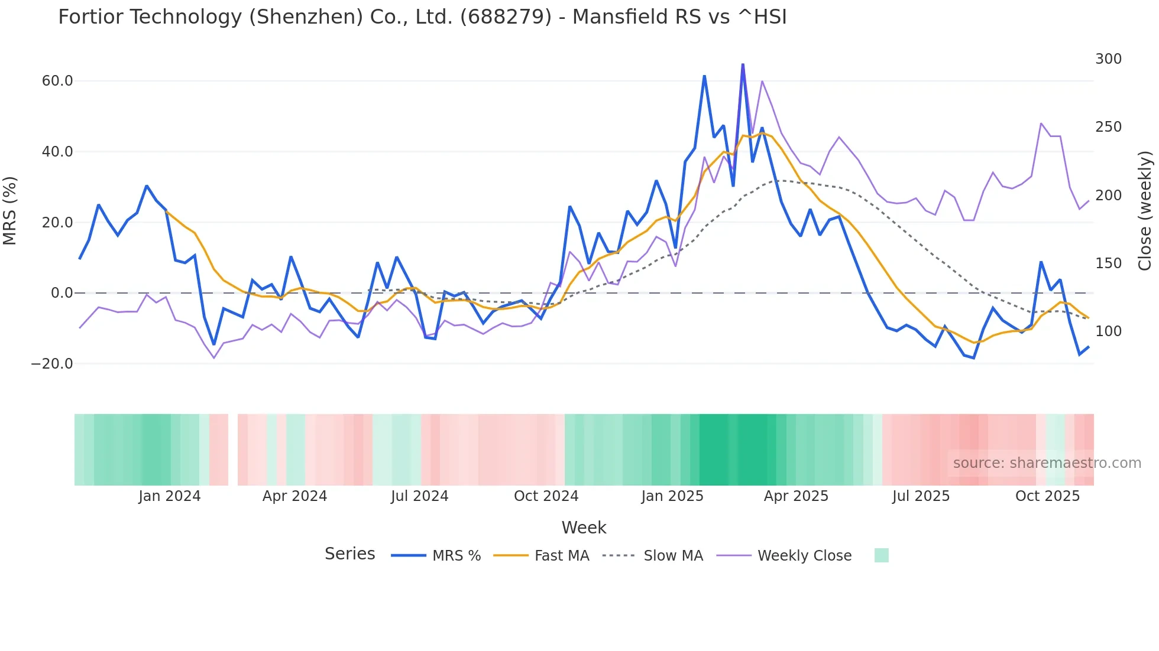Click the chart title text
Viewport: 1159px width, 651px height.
click(422, 17)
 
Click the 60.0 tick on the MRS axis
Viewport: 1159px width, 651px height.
click(57, 81)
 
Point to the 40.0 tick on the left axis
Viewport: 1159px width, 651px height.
click(57, 152)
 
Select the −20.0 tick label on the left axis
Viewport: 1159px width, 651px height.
click(52, 364)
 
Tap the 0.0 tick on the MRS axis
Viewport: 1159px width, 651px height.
click(62, 293)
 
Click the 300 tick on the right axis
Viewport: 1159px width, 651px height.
click(1108, 59)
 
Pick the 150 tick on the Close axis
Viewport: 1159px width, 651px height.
click(1108, 263)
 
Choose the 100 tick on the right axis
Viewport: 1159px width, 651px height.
click(1108, 331)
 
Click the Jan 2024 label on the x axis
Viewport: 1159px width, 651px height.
click(170, 496)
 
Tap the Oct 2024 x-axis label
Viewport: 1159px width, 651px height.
click(546, 496)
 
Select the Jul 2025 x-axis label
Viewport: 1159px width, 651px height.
click(921, 496)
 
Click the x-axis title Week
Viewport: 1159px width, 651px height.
click(584, 528)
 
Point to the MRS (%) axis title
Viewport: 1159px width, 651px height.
click(10, 211)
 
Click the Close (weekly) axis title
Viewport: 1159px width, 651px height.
click(1145, 211)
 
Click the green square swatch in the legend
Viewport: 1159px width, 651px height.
click(881, 555)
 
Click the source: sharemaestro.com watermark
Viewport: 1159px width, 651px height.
click(1047, 463)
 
